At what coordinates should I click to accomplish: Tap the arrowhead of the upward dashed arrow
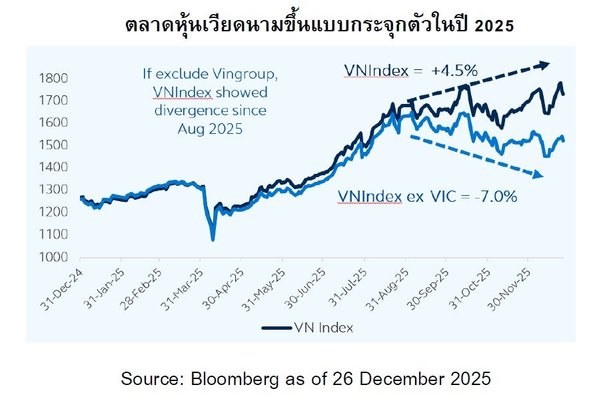(545, 65)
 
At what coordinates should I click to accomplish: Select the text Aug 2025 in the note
(210, 129)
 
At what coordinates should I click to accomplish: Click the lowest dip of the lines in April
(213, 239)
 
